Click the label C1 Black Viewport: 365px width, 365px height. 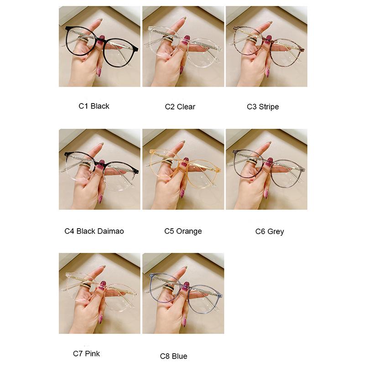(94, 106)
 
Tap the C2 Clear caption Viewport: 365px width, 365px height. (180, 106)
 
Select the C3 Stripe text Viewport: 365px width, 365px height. (263, 106)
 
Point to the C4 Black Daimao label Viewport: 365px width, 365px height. (94, 231)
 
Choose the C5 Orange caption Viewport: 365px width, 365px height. (183, 231)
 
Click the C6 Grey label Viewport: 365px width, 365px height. (270, 231)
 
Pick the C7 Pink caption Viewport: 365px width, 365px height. (86, 353)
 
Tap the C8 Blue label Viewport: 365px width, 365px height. (173, 356)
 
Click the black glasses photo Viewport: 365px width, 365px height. (99, 46)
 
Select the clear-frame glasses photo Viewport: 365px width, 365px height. (183, 46)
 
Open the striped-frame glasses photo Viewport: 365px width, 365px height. (266, 46)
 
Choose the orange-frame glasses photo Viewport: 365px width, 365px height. (183, 169)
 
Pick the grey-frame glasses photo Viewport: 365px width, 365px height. (266, 169)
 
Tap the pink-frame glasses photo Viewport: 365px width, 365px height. (99, 293)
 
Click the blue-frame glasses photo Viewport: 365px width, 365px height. (183, 293)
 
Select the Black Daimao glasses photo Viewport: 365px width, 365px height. (99, 169)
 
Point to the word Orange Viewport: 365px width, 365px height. (189, 231)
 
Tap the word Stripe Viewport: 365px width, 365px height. (269, 106)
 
